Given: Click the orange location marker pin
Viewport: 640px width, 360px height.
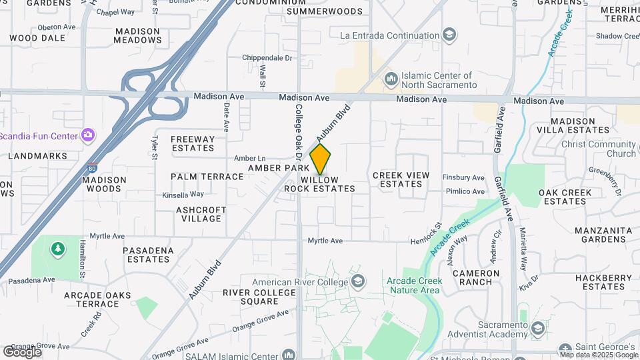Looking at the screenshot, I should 321,159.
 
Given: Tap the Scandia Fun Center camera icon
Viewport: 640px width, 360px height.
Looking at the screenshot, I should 87,135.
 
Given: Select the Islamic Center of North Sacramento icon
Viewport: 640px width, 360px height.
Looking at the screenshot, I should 391,80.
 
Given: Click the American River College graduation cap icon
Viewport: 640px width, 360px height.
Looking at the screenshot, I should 359,280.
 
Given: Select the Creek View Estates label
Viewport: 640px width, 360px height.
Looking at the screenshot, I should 401,179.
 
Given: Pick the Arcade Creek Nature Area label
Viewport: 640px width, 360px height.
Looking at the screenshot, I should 413,285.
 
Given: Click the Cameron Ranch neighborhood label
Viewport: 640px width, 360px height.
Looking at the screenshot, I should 476,277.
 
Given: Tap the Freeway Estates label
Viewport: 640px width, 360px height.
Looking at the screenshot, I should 193,143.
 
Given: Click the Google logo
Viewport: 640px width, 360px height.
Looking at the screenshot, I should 21,351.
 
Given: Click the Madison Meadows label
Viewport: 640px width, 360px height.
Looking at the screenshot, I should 138,35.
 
